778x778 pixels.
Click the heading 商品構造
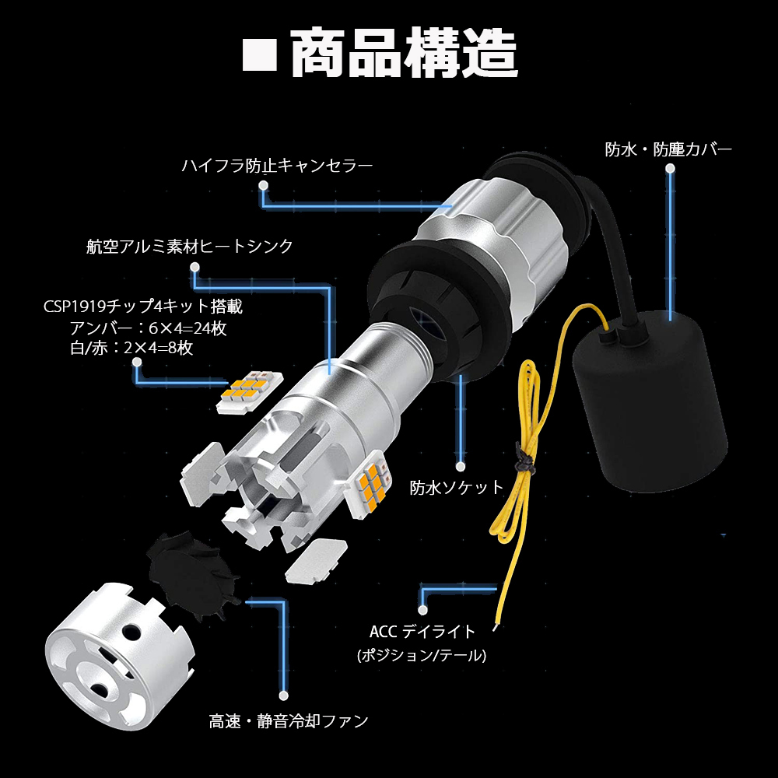click(x=404, y=53)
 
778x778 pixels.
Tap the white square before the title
click(x=260, y=54)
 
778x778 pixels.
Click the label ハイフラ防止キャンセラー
click(x=277, y=166)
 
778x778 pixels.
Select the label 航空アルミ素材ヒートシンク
click(x=190, y=247)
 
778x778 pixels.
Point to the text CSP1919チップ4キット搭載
click(x=143, y=307)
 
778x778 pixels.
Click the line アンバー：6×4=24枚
click(x=148, y=328)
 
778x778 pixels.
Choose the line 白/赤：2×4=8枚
click(x=131, y=348)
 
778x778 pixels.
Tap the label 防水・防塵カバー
click(x=668, y=149)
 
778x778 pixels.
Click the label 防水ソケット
click(x=457, y=488)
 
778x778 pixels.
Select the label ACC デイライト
click(x=422, y=632)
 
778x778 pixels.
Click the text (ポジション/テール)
click(x=422, y=655)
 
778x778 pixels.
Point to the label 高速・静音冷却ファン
click(x=289, y=721)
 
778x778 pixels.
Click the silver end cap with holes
click(x=118, y=656)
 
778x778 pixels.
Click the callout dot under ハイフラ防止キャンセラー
click(x=264, y=186)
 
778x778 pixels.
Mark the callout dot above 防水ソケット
click(x=461, y=466)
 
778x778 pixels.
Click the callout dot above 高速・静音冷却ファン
click(x=284, y=696)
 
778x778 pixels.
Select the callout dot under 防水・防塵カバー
click(x=671, y=169)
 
